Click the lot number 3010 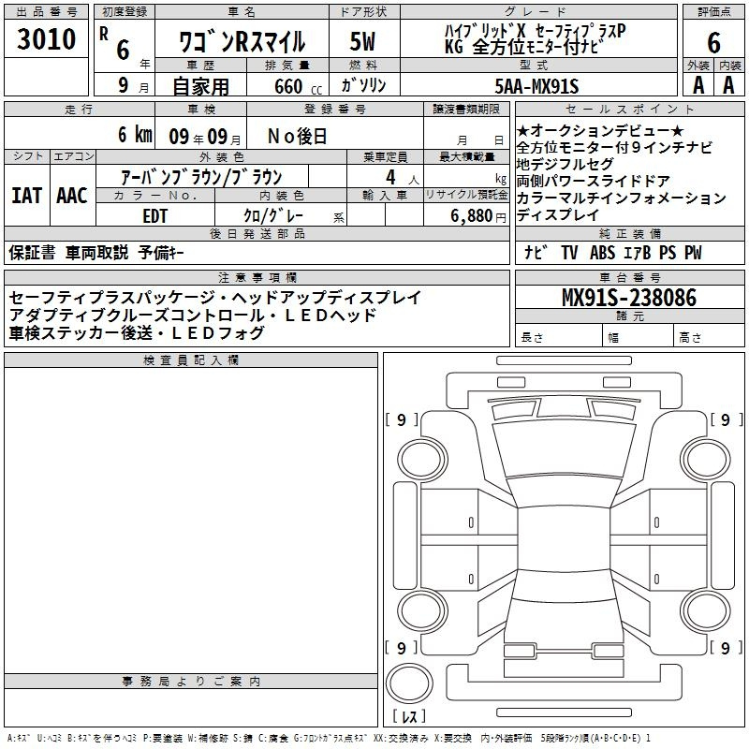point(46,38)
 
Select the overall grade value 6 point(713,42)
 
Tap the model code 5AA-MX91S point(536,86)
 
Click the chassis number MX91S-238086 point(629,297)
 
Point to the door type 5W point(362,41)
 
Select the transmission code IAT point(27,196)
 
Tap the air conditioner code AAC point(72,196)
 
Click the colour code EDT point(154,216)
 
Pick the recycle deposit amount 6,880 point(472,216)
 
